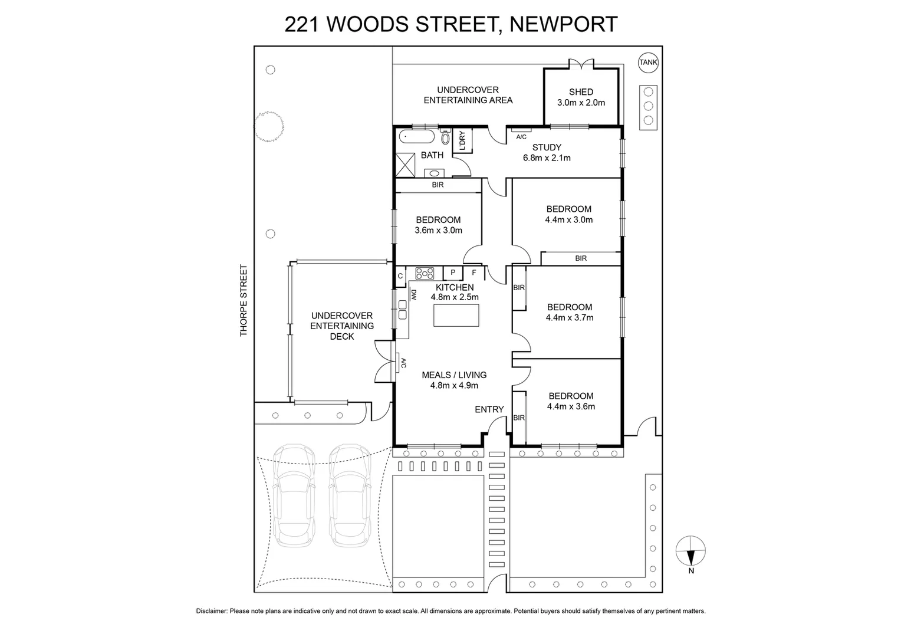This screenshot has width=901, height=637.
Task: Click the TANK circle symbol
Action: coord(648,62)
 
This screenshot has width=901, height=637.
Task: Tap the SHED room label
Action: coord(581,92)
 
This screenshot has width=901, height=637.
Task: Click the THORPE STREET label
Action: coord(244,301)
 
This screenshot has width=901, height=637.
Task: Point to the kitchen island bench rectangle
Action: coord(456,315)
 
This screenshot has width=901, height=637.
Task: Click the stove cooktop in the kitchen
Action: coord(425,273)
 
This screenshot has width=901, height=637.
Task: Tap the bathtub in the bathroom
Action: coord(417,137)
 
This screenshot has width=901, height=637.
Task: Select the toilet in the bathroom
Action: coord(445,137)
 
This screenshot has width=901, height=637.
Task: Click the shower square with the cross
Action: coord(405,165)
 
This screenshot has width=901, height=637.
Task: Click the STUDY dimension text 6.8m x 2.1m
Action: coord(547,158)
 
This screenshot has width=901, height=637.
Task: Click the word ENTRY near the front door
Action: coord(489,409)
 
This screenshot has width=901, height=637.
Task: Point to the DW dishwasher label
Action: coord(414,294)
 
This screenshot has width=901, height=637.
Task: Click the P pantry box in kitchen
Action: coord(453,272)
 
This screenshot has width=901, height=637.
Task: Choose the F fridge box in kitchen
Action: coord(474,272)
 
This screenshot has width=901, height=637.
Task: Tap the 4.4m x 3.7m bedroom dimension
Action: coord(570,317)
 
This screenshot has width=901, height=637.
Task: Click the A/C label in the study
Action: coord(521,137)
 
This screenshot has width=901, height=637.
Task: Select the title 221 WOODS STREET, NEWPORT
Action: coord(450,25)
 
